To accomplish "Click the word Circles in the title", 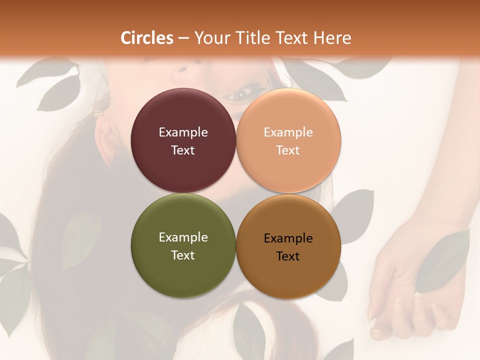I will (147, 38).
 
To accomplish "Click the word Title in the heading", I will (251, 38).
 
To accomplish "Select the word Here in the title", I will (332, 38).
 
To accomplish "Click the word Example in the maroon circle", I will (183, 132).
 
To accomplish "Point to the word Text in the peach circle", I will (288, 150).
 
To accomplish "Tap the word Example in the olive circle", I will (183, 237).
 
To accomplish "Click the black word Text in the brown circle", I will (288, 256).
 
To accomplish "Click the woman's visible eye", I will (241, 93).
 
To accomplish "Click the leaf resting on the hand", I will (442, 262).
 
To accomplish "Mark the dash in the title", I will (183, 38).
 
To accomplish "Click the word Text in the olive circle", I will (183, 255).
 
